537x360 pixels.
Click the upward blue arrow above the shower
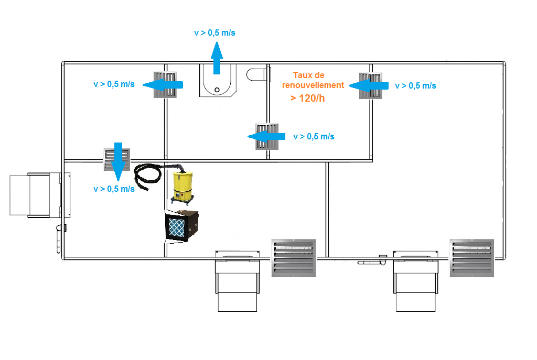tap(217, 58)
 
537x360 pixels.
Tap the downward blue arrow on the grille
tap(118, 162)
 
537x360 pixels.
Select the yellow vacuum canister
tap(183, 187)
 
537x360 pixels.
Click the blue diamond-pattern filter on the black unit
tap(177, 226)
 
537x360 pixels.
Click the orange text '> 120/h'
tap(307, 99)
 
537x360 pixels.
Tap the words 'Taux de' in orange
tap(308, 75)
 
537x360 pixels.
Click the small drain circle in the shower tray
tap(217, 90)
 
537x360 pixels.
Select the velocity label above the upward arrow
tap(214, 33)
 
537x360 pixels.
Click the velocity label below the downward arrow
tap(114, 189)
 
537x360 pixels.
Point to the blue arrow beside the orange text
tap(369, 85)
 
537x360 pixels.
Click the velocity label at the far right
tap(415, 86)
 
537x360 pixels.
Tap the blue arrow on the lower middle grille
tap(266, 137)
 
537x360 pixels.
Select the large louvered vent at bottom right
tap(471, 258)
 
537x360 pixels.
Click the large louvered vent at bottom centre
tap(294, 258)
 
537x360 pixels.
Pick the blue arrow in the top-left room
tap(163, 84)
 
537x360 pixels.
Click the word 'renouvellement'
tap(313, 85)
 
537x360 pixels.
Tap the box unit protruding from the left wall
tap(40, 195)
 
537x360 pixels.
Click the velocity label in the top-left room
tap(114, 84)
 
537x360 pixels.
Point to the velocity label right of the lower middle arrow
tap(314, 137)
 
